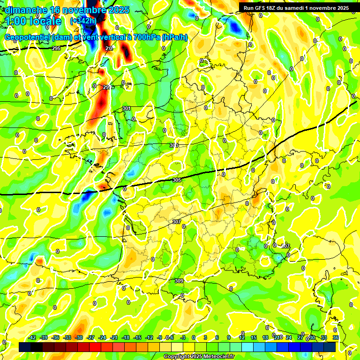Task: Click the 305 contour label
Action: [x=177, y=180]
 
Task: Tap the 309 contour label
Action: [x=179, y=281]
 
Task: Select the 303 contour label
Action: [x=174, y=146]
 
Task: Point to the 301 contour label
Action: [x=127, y=108]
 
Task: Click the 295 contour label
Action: [x=56, y=49]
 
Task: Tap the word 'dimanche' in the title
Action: [x=24, y=10]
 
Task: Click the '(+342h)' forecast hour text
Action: [x=83, y=21]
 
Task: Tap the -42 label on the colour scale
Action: [x=32, y=337]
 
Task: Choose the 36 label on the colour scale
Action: [x=336, y=337]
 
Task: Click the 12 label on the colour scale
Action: [x=242, y=337]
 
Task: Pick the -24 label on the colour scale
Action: [x=103, y=337]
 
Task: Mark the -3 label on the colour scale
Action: [x=183, y=337]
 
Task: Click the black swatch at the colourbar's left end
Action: [x=24, y=346]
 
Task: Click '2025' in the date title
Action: [x=112, y=10]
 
